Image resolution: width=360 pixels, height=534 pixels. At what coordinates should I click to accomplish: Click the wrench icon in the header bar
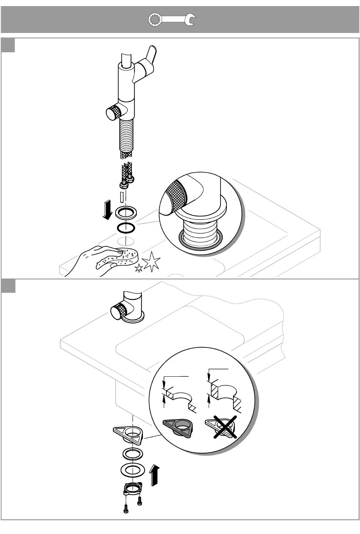[x=171, y=20]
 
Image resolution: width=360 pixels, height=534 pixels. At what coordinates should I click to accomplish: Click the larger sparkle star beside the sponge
[x=151, y=261]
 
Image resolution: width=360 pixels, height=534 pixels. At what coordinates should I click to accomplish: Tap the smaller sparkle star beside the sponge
[x=139, y=268]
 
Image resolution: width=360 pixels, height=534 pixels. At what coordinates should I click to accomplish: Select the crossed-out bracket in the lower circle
[x=221, y=427]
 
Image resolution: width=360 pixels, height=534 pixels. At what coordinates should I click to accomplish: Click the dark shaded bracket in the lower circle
[x=178, y=428]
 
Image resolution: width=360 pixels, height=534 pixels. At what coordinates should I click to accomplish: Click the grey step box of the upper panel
[x=8, y=45]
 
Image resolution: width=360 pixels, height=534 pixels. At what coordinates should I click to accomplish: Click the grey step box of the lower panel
[x=8, y=286]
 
